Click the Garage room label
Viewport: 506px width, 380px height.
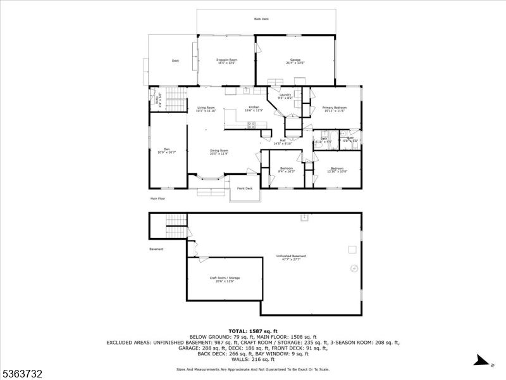295,61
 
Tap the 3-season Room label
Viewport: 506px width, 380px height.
226,61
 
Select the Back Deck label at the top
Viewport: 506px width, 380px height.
261,19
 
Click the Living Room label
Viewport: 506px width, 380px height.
206,109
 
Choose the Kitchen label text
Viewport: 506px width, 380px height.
254,109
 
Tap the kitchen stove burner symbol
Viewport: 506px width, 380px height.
252,125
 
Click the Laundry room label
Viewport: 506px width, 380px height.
285,96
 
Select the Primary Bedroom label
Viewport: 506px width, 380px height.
333,109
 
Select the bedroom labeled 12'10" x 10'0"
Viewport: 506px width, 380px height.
337,170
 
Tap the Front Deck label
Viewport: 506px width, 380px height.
245,188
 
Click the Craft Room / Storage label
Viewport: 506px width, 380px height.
225,279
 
